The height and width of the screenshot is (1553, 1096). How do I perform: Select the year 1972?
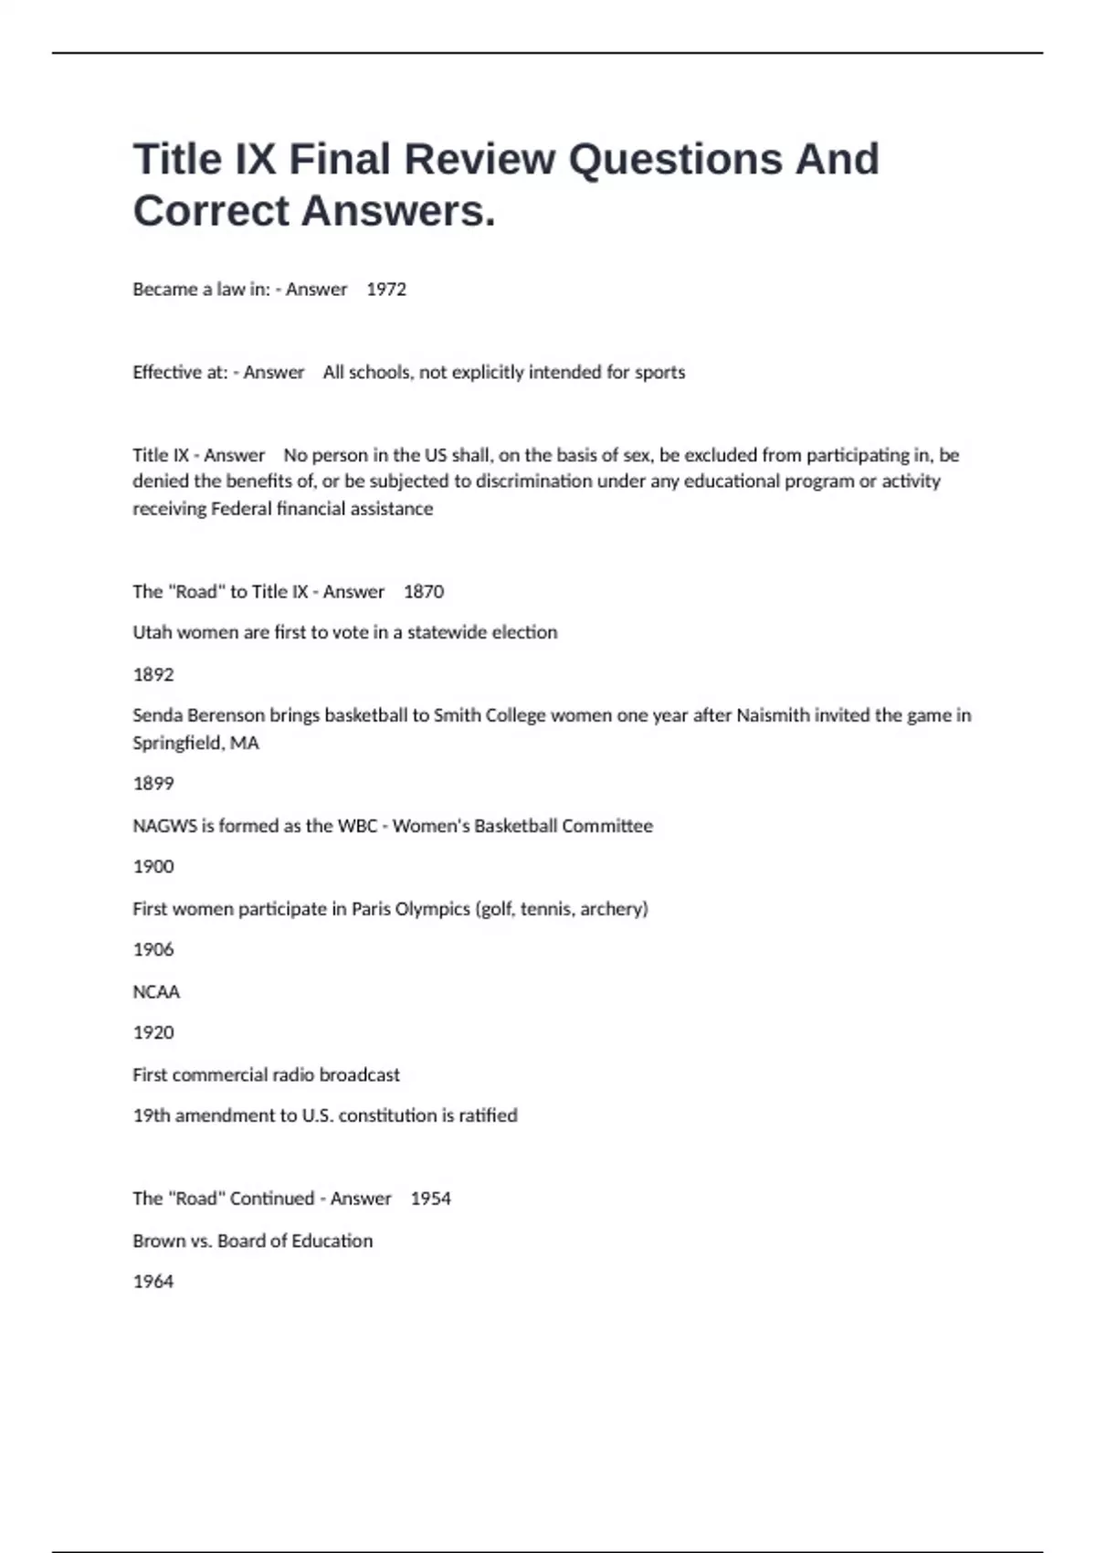386,290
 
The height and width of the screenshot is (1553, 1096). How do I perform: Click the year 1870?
424,592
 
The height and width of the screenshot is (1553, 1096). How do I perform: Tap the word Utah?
152,632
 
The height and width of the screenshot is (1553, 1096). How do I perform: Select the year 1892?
153,675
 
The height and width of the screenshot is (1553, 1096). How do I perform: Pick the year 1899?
153,784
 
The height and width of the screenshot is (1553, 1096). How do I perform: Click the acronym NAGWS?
164,826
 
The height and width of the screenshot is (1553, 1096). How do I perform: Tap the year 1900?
153,867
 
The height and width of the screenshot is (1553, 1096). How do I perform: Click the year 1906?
153,950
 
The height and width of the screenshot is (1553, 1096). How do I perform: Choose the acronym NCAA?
156,992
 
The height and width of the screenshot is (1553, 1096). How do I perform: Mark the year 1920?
153,1033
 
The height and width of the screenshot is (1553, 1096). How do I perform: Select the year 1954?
430,1199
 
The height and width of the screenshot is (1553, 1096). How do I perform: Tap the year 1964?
153,1282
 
